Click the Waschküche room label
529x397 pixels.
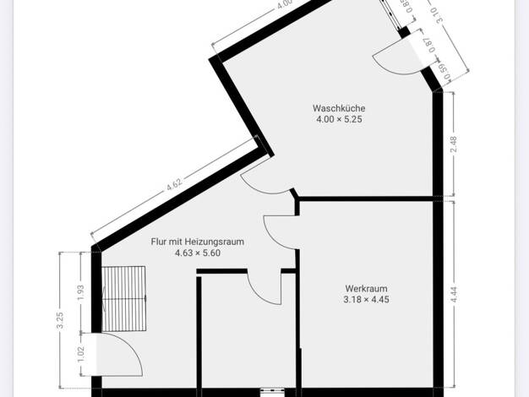pyautogui.click(x=339, y=108)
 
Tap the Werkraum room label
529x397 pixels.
pyautogui.click(x=366, y=289)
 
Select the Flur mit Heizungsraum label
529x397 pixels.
pyautogui.click(x=198, y=242)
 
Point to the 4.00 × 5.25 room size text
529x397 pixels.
pyautogui.click(x=339, y=119)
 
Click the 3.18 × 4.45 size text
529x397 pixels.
pyautogui.click(x=366, y=300)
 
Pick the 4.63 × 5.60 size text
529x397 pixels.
pyautogui.click(x=198, y=253)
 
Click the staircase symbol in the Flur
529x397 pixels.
pyautogui.click(x=124, y=298)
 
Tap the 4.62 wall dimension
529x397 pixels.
pyautogui.click(x=174, y=184)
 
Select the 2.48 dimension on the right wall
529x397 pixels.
pyautogui.click(x=454, y=144)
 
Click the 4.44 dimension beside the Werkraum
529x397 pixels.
pyautogui.click(x=454, y=295)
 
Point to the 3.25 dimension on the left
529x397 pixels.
pyautogui.click(x=60, y=320)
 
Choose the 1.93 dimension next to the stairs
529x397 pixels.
pyautogui.click(x=80, y=293)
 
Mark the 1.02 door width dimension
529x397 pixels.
pyautogui.click(x=80, y=354)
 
